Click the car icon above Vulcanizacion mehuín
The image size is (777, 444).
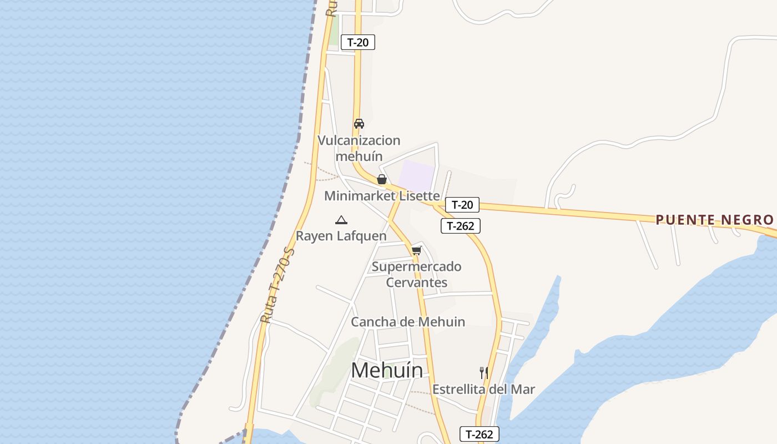[x=359, y=124]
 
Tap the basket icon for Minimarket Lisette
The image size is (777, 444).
[x=382, y=179]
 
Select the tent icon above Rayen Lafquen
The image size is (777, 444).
[x=341, y=220]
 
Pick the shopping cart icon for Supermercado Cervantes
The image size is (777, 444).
[x=417, y=250]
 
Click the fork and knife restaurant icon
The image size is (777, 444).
[x=484, y=372]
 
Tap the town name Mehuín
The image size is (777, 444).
[x=387, y=370]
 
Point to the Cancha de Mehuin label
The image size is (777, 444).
[x=408, y=322]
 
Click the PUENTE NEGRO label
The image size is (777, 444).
[x=715, y=220]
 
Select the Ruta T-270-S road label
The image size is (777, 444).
[x=278, y=286]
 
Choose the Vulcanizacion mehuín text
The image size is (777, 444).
[x=359, y=148]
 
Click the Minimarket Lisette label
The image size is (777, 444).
[x=382, y=196]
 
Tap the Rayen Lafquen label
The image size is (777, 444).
[x=341, y=236]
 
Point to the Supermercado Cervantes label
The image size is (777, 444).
[x=416, y=275]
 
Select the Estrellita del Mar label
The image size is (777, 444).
[x=483, y=389]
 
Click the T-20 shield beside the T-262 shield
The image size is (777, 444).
[x=462, y=205]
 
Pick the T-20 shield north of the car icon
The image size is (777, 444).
[x=358, y=42]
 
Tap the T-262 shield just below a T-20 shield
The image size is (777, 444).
[x=461, y=226]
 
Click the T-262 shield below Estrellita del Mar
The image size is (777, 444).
[x=480, y=434]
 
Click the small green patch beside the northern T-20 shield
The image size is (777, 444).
[x=334, y=31]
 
